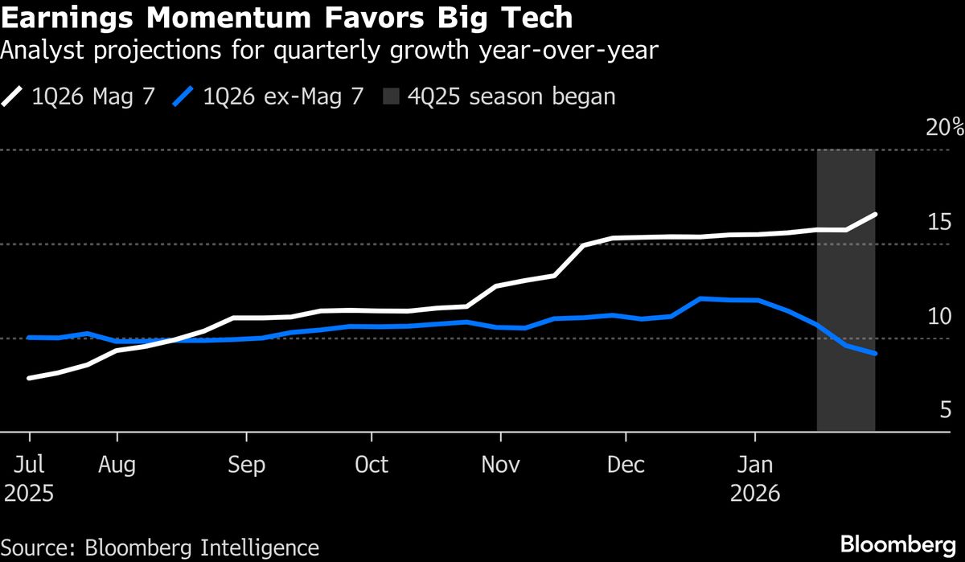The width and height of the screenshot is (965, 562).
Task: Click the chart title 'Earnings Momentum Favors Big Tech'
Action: point(287,18)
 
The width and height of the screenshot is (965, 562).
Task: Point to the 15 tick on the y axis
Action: point(940,222)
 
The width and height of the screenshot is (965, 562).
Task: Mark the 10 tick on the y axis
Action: point(940,317)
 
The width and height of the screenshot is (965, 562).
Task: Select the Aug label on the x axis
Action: point(117,465)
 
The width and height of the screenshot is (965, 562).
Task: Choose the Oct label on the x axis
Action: point(372,465)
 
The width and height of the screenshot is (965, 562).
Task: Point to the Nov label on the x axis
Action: point(499,465)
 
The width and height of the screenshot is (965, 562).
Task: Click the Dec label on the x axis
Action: point(626,465)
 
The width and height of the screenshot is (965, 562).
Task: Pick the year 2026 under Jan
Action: point(755,493)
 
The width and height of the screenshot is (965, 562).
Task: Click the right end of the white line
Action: point(875,215)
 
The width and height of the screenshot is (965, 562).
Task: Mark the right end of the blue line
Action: point(875,353)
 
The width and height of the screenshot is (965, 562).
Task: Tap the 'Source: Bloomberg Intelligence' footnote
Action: point(160,548)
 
